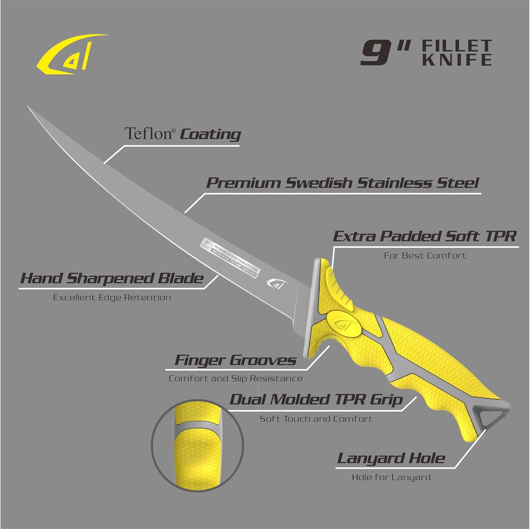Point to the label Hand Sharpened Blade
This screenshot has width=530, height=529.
click(112, 278)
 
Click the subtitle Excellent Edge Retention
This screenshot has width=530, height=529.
click(112, 298)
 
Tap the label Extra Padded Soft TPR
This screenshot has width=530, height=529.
click(425, 236)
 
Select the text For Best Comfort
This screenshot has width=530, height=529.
click(425, 255)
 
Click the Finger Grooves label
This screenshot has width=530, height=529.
click(235, 360)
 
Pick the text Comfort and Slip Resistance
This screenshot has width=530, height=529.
click(235, 379)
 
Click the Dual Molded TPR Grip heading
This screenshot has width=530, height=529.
click(316, 400)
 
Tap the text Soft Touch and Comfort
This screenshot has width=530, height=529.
click(316, 419)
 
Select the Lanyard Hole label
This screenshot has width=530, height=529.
click(391, 458)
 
